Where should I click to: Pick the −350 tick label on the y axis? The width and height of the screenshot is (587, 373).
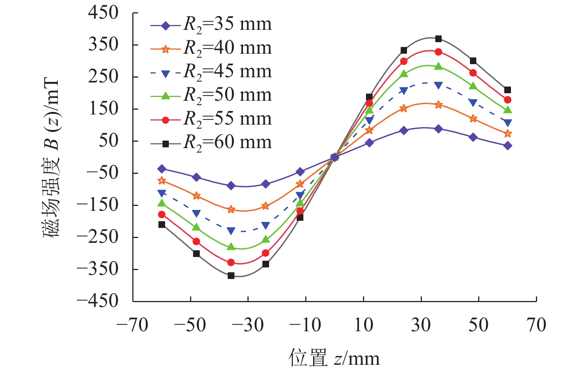97,269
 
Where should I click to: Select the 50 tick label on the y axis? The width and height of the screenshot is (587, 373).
108,141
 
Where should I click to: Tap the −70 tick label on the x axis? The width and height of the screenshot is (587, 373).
132,325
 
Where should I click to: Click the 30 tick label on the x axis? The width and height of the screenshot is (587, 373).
421,325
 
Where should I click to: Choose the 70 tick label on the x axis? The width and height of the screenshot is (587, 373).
536,325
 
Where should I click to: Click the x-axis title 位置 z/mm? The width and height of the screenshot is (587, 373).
334,358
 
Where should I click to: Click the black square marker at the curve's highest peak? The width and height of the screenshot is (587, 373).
438,39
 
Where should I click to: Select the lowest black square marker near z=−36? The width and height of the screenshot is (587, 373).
231,276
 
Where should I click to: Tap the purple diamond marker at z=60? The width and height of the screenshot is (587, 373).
508,146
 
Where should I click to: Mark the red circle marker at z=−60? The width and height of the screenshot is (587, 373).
162,214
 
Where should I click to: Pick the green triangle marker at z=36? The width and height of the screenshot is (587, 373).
438,66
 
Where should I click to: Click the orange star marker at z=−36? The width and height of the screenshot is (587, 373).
231,210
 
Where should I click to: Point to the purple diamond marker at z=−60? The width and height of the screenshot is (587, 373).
162,169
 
